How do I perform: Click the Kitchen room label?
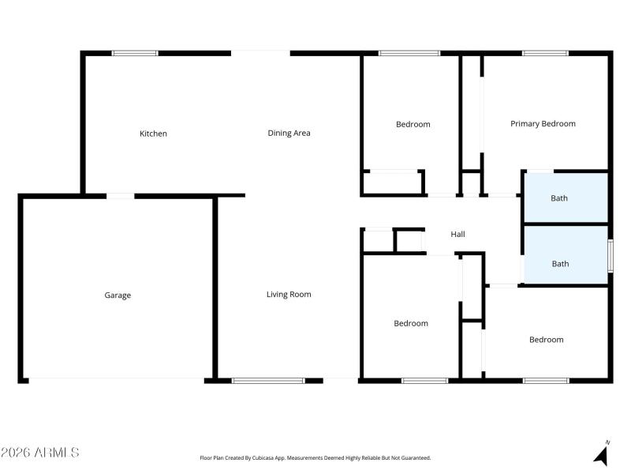click(x=153, y=134)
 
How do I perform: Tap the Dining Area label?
click(x=289, y=133)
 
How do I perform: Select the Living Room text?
click(x=289, y=295)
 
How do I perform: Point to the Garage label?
click(x=118, y=295)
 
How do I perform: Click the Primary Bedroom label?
click(x=543, y=123)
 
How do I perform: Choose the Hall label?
click(x=457, y=235)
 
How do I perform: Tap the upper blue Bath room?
click(x=566, y=197)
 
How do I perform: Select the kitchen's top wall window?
click(x=135, y=53)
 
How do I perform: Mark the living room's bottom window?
click(x=268, y=381)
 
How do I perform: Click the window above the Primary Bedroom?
click(x=545, y=53)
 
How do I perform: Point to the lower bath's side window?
click(x=610, y=256)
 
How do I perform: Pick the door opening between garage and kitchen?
click(x=120, y=196)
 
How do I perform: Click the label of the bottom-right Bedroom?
click(x=546, y=340)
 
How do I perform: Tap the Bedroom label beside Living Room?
click(x=411, y=323)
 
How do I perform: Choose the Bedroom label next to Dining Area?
click(x=413, y=124)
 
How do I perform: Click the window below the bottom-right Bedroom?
click(x=545, y=381)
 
